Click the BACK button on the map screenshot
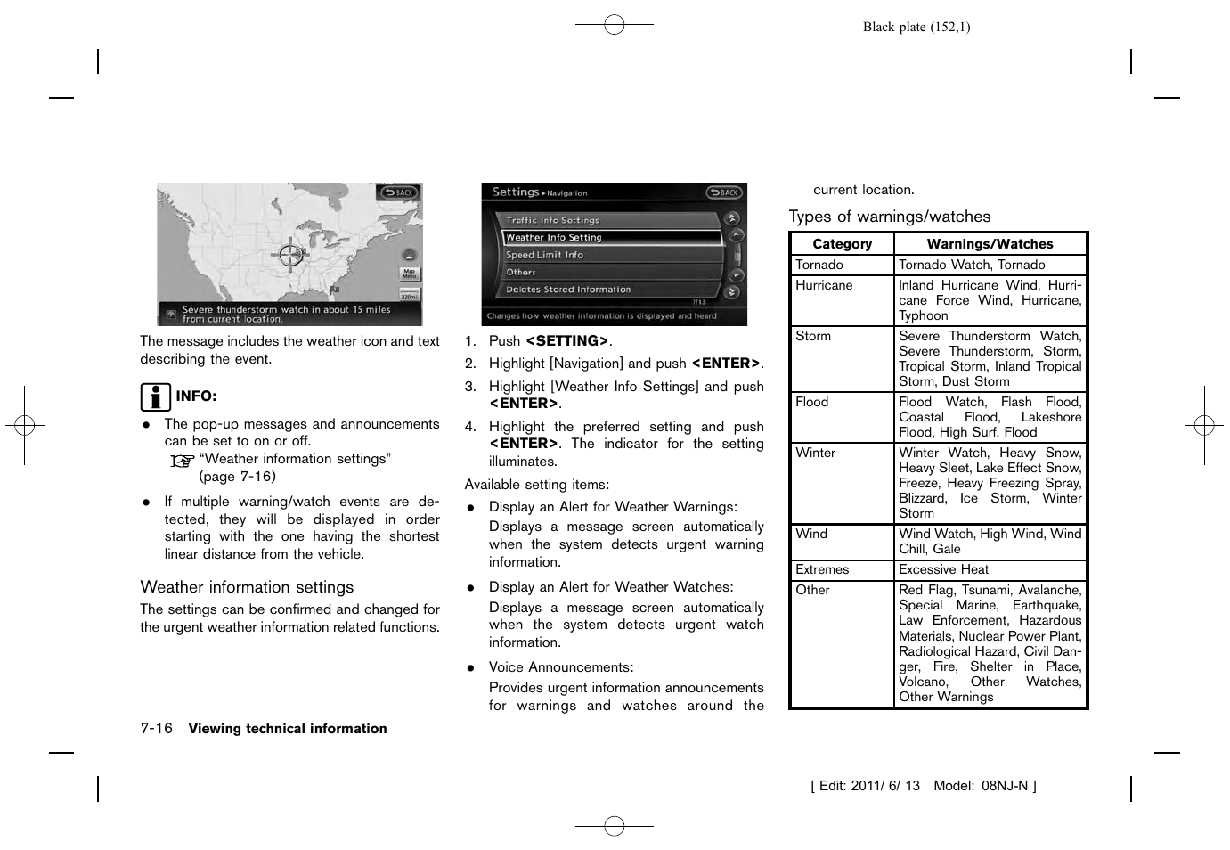click(399, 192)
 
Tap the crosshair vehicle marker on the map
click(290, 255)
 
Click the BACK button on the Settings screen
click(724, 192)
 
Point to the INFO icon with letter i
click(155, 396)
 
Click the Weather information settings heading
click(247, 587)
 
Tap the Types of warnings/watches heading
click(889, 217)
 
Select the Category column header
click(842, 244)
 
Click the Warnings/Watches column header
click(990, 244)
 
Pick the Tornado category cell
click(819, 265)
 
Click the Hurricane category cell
click(824, 285)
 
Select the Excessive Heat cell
click(943, 569)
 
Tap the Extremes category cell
click(822, 569)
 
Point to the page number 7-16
click(156, 729)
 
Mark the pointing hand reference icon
click(182, 461)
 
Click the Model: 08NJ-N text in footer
click(983, 786)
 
